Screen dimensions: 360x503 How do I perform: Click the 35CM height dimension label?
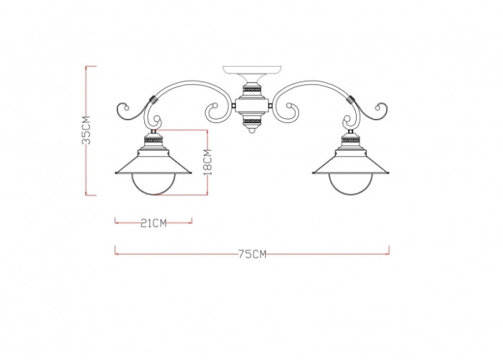click(x=86, y=130)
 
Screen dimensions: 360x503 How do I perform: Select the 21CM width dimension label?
click(x=153, y=223)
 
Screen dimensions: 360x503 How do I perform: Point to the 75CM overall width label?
click(x=251, y=254)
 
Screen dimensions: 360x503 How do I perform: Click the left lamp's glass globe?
click(x=153, y=183)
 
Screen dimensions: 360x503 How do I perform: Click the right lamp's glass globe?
click(x=350, y=183)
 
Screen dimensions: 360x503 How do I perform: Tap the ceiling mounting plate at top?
click(x=251, y=71)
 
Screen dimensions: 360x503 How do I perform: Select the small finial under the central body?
click(x=251, y=130)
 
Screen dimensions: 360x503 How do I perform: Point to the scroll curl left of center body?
click(x=215, y=111)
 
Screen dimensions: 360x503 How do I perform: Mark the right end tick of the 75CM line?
click(x=389, y=250)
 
